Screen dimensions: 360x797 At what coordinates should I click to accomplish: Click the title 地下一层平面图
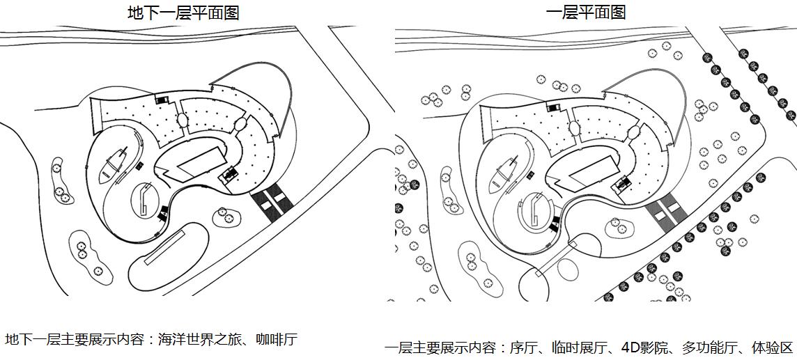(183, 13)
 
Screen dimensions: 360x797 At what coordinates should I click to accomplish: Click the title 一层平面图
(586, 13)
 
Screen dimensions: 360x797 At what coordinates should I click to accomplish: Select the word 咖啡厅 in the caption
(277, 340)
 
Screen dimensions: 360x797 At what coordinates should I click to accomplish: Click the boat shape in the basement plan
(114, 164)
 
